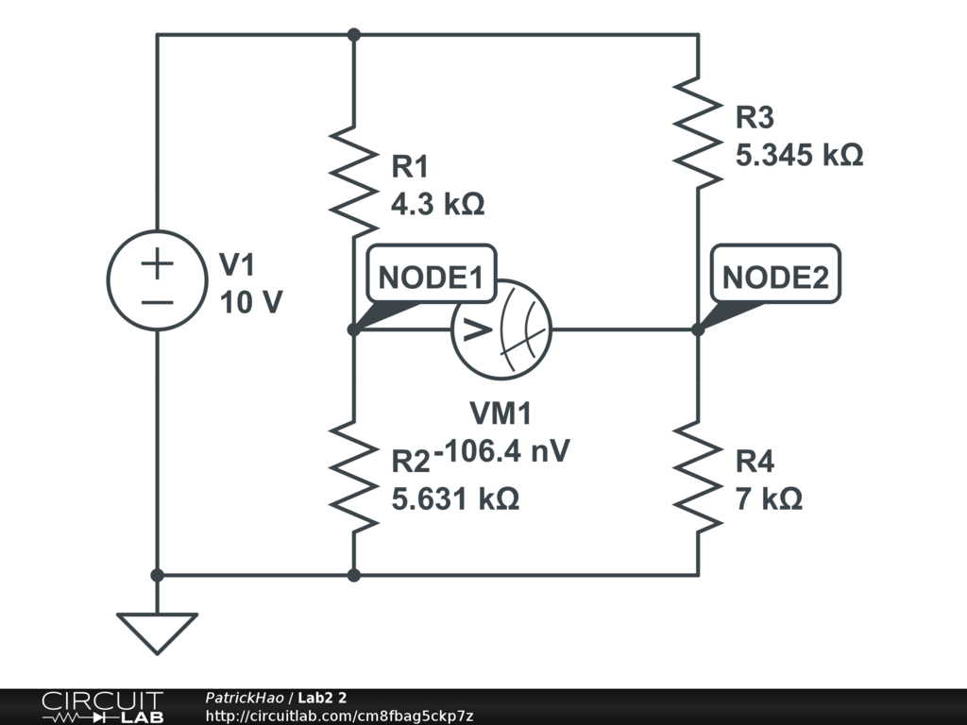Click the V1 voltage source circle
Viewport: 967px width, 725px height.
tap(157, 280)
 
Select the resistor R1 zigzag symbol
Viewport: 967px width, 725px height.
tap(353, 182)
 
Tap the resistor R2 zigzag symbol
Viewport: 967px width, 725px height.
tap(353, 475)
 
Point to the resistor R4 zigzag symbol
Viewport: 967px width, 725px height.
tap(698, 475)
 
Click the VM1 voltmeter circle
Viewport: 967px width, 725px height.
tap(501, 329)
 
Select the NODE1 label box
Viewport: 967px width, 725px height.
tap(431, 278)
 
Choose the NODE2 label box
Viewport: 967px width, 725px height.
tap(775, 278)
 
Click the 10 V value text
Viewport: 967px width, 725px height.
tap(250, 302)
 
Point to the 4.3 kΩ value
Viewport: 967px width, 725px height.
tap(438, 204)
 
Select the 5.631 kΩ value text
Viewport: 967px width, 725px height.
tap(455, 498)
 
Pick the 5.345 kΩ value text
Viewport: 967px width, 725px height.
tap(799, 155)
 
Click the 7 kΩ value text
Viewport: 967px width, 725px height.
tap(769, 498)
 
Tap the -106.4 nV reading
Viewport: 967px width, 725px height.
tap(505, 450)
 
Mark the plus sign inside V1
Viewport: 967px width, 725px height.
tap(157, 263)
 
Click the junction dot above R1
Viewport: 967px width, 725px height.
tap(353, 35)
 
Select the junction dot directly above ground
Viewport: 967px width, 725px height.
tap(157, 574)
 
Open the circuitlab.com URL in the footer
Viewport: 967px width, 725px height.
tap(339, 717)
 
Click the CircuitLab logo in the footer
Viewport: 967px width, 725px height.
tap(102, 707)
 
